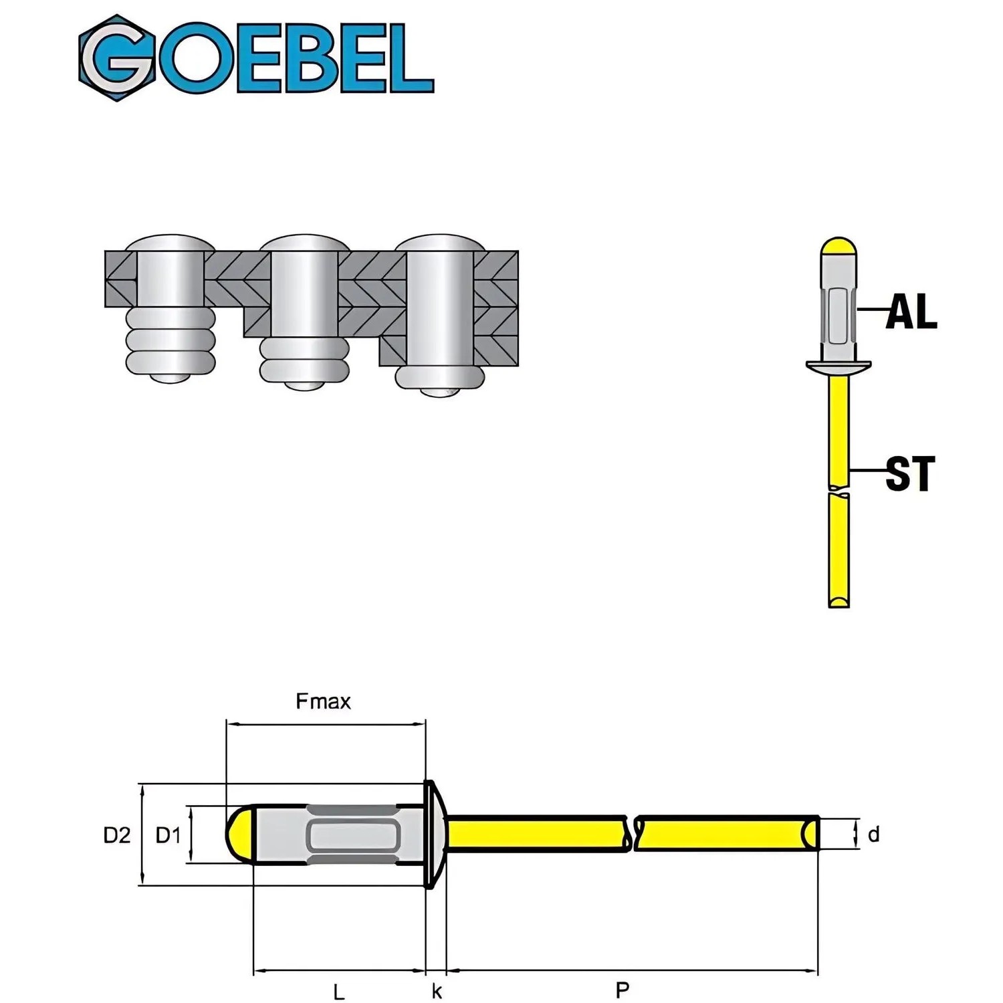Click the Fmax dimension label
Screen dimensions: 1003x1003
pos(323,701)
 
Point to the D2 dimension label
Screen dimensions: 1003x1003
pos(117,835)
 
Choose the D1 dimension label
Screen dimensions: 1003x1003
pos(169,835)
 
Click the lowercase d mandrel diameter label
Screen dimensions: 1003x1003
pos(873,834)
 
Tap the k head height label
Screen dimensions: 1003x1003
pos(437,991)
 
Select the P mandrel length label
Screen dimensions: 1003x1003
pos(623,990)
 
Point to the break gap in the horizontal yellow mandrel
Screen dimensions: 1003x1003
pos(632,834)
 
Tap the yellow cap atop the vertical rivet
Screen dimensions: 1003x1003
pos(839,248)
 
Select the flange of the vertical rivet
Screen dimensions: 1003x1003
pos(839,366)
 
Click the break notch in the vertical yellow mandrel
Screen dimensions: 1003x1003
pos(839,490)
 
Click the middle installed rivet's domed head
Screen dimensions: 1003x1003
pos(305,243)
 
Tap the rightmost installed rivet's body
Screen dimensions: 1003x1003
pos(439,308)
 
